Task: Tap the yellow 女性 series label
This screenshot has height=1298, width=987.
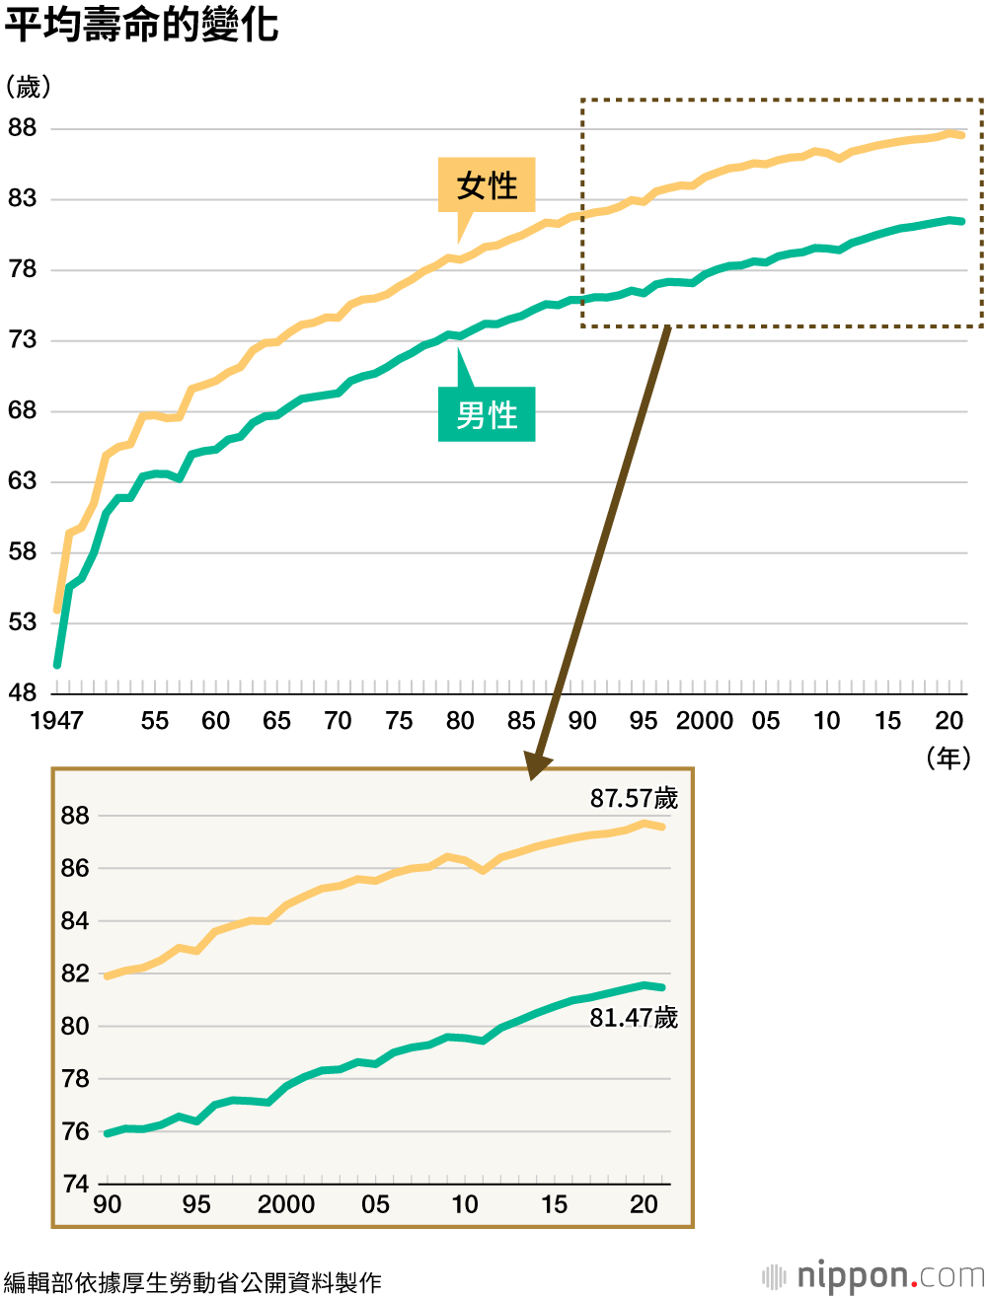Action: [x=487, y=185]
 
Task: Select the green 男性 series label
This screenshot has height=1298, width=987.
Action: [x=487, y=414]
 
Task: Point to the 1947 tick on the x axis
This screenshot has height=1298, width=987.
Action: [x=56, y=720]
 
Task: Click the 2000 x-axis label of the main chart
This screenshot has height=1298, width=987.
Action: [x=704, y=720]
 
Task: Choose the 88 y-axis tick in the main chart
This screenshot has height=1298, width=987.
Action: [x=22, y=128]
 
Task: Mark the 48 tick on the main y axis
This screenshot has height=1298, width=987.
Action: [x=22, y=692]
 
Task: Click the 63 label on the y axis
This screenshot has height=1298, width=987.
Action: [x=22, y=481]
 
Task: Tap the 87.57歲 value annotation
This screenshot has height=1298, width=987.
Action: [x=634, y=798]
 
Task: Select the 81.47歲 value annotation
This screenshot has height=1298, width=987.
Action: [x=634, y=1018]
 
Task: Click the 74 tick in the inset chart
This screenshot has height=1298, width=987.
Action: [x=76, y=1184]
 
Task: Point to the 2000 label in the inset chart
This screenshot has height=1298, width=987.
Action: [x=286, y=1204]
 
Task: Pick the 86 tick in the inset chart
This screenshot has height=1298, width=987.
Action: [x=76, y=868]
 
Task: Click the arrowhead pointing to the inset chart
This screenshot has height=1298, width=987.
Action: [x=537, y=765]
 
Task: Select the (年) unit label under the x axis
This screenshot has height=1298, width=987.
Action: [x=949, y=757]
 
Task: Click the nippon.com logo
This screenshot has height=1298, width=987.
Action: [x=874, y=1276]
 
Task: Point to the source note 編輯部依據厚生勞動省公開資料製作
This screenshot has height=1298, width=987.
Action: [x=192, y=1282]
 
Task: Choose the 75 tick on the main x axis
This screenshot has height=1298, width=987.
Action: [x=399, y=720]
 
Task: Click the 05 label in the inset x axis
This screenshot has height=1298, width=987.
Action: [x=375, y=1204]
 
